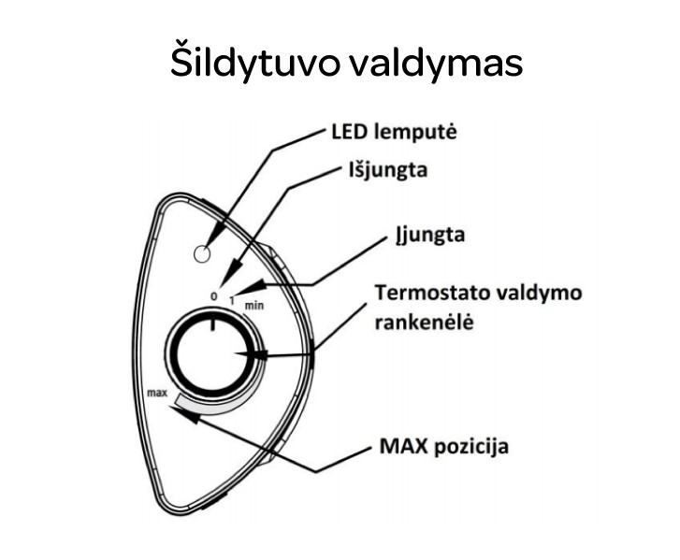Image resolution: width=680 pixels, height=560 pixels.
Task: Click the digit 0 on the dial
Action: click(x=213, y=296)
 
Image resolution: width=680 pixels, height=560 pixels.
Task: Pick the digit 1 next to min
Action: click(x=233, y=301)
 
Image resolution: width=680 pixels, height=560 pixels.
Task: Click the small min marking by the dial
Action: click(x=254, y=305)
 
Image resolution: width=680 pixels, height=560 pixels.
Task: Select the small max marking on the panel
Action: click(x=156, y=393)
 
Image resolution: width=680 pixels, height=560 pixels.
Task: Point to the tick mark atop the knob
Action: click(x=213, y=323)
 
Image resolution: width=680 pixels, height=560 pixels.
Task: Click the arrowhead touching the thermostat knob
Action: click(x=251, y=355)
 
